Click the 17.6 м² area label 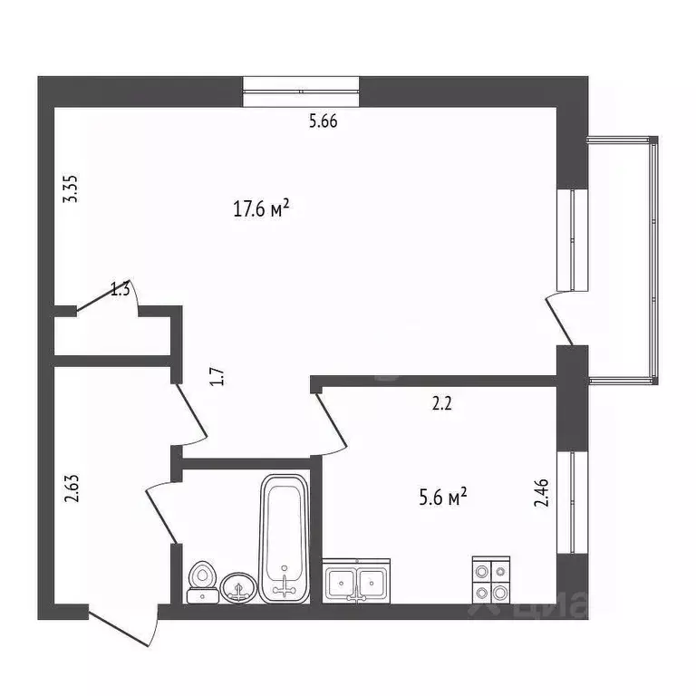pyautogui.click(x=261, y=209)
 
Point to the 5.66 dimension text pyautogui.click(x=323, y=123)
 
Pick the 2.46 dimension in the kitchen pyautogui.click(x=542, y=498)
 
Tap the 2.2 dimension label pyautogui.click(x=441, y=404)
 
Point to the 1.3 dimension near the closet pyautogui.click(x=121, y=290)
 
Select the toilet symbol pyautogui.click(x=201, y=582)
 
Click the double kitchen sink pyautogui.click(x=358, y=581)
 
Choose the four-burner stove pyautogui.click(x=490, y=580)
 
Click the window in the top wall pyautogui.click(x=302, y=92)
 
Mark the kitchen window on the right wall pyautogui.click(x=572, y=502)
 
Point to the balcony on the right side pyautogui.click(x=623, y=258)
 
